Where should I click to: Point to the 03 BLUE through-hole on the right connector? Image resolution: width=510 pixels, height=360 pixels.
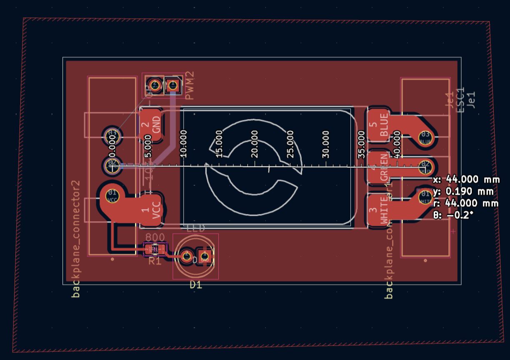425,136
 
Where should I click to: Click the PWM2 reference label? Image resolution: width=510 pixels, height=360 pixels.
190,86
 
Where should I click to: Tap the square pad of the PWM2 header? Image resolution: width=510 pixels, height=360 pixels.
172,85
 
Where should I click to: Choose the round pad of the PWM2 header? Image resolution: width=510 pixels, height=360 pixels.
155,85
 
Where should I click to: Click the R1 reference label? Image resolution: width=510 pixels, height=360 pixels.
155,261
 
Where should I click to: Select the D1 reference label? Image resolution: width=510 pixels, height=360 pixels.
196,285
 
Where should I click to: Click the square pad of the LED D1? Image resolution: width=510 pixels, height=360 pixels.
205,256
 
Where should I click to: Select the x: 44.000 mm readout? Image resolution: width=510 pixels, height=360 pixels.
466,180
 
